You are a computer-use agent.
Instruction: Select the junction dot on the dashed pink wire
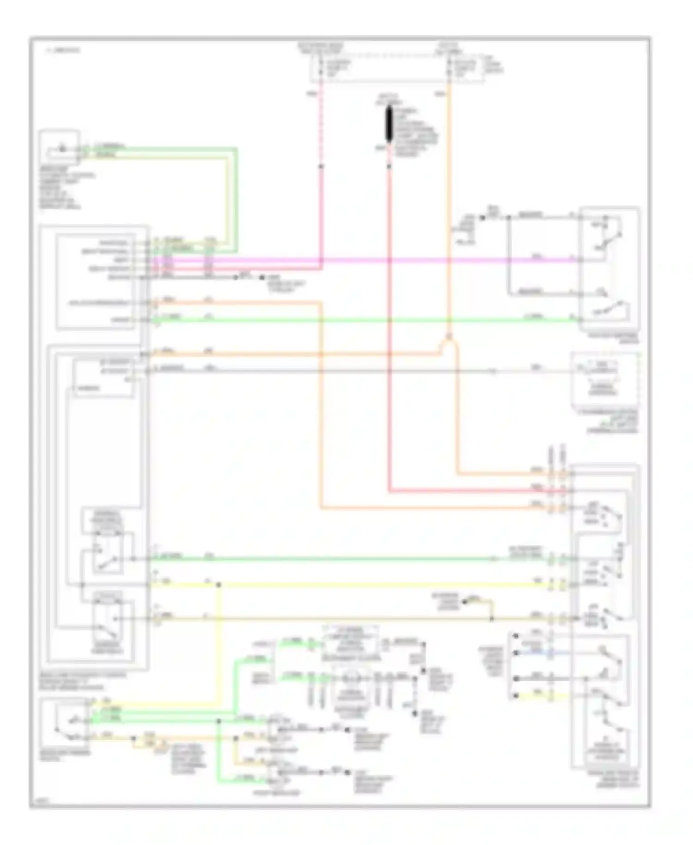(321, 166)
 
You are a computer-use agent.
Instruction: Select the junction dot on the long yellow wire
(219, 585)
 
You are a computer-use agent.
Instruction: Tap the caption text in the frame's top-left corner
(62, 49)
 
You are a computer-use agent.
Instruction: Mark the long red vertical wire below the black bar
(389, 324)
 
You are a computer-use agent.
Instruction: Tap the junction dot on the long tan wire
(492, 618)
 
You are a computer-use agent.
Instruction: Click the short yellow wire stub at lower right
(536, 696)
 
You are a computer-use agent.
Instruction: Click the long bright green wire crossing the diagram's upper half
(360, 319)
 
